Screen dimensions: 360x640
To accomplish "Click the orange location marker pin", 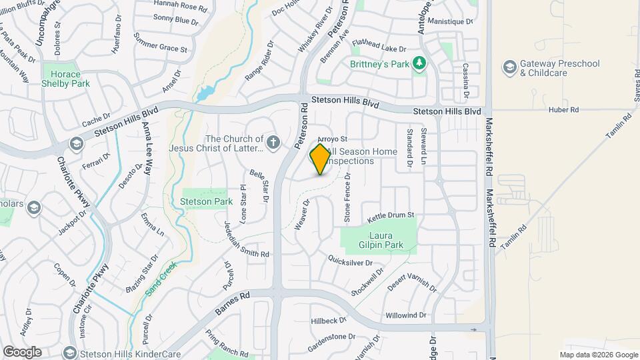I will click(321, 159).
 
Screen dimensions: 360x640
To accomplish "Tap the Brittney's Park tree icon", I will click(419, 64).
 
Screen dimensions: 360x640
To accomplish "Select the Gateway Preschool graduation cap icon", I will click(509, 67).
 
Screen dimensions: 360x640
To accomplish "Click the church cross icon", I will click(273, 142).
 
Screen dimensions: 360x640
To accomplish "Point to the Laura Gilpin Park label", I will click(377, 241).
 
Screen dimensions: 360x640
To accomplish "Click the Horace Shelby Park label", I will click(65, 79).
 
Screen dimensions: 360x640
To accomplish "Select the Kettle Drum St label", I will click(391, 216).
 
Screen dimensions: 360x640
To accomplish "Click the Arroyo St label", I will click(333, 139).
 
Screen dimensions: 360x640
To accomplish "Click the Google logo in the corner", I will click(22, 351).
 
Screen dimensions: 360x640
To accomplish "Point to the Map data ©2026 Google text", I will click(599, 355).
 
